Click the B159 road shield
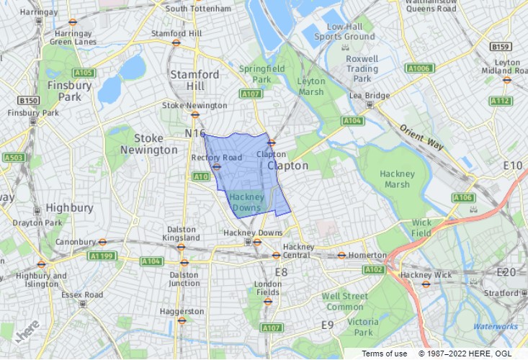501,47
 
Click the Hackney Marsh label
397,179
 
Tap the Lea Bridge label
369,95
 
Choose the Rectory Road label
216,158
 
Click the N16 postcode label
195,133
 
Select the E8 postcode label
281,272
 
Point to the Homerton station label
367,255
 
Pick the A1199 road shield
102,256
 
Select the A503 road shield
13,157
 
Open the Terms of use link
384,354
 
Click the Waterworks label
495,327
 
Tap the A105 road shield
84,73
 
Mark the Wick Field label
421,228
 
